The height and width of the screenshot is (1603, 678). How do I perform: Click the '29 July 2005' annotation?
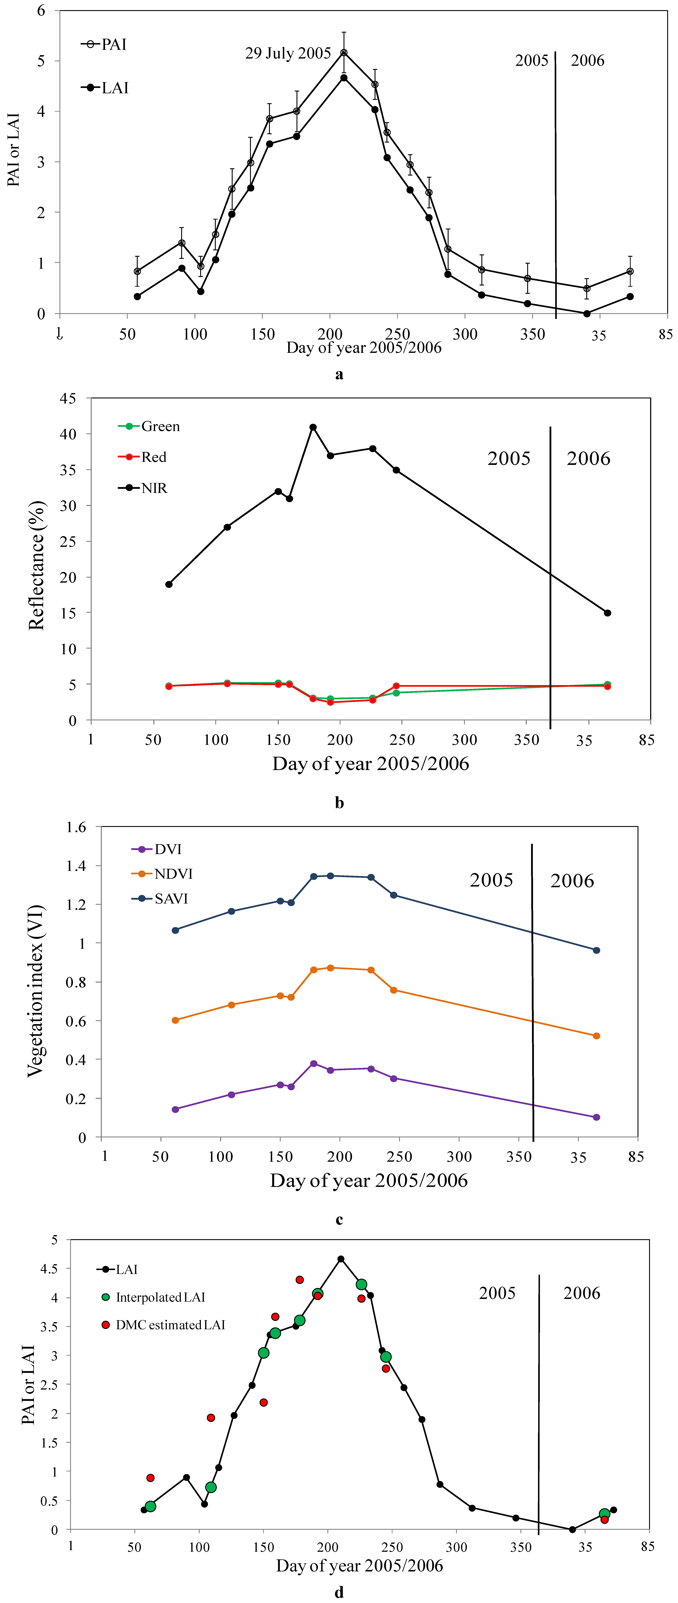pyautogui.click(x=288, y=54)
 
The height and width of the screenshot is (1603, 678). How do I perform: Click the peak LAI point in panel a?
pyautogui.click(x=344, y=78)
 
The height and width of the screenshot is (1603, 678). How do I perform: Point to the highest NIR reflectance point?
pyautogui.click(x=313, y=427)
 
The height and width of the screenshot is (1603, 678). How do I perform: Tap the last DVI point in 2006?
pyautogui.click(x=596, y=1117)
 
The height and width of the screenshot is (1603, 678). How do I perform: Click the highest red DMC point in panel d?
pyautogui.click(x=300, y=1279)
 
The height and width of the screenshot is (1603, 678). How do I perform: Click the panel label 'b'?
pyautogui.click(x=339, y=803)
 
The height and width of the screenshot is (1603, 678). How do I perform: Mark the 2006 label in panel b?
pyautogui.click(x=588, y=459)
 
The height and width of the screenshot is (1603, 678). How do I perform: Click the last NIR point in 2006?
pyautogui.click(x=608, y=613)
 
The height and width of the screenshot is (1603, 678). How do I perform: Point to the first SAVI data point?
pyautogui.click(x=175, y=930)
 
